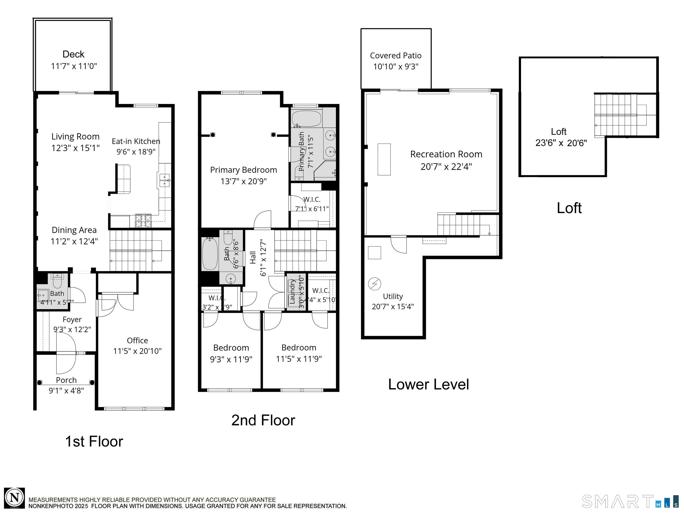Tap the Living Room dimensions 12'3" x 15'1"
click(x=75, y=148)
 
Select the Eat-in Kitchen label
click(x=136, y=141)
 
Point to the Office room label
click(x=137, y=340)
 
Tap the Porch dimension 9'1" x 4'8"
click(x=66, y=391)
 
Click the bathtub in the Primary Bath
click(x=306, y=118)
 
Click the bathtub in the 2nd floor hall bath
click(x=210, y=254)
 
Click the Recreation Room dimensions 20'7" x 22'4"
click(x=446, y=167)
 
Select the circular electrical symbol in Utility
click(x=374, y=284)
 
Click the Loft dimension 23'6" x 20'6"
click(x=561, y=143)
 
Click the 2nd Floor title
click(x=263, y=420)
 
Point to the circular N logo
click(x=14, y=498)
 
